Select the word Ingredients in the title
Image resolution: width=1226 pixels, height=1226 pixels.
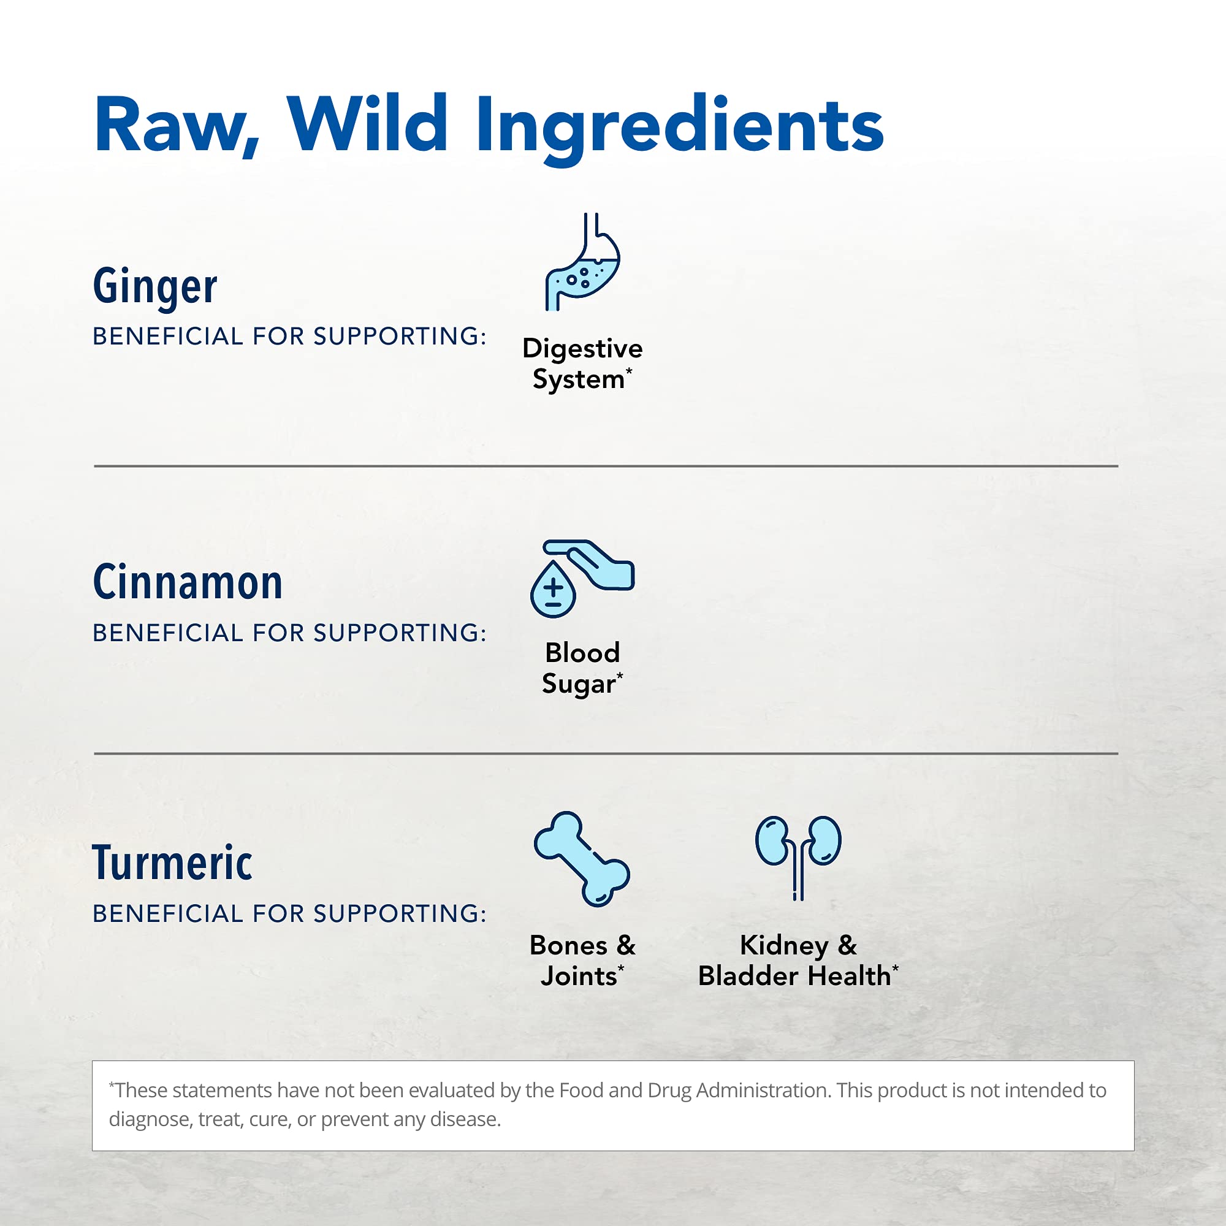pos(679,127)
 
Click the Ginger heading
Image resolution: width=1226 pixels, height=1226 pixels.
pos(155,287)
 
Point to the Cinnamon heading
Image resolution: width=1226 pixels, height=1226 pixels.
pos(188,582)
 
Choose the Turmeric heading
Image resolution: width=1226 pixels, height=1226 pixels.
pos(173,863)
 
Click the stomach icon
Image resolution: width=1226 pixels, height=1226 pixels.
pos(582,263)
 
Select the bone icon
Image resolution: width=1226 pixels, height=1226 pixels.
pos(582,859)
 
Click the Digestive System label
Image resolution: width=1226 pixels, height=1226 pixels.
pos(582,364)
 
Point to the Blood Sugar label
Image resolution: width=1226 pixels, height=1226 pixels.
pos(582,668)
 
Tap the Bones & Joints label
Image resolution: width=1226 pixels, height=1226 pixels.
pos(582,961)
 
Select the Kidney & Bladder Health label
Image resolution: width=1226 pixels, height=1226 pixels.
pos(798,961)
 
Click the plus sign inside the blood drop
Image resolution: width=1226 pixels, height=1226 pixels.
pos(554,587)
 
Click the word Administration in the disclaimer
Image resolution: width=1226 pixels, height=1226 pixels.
pos(763,1090)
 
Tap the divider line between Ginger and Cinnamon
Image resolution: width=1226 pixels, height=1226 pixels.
pos(606,466)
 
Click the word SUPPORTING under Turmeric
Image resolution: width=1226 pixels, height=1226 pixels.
pos(399,914)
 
